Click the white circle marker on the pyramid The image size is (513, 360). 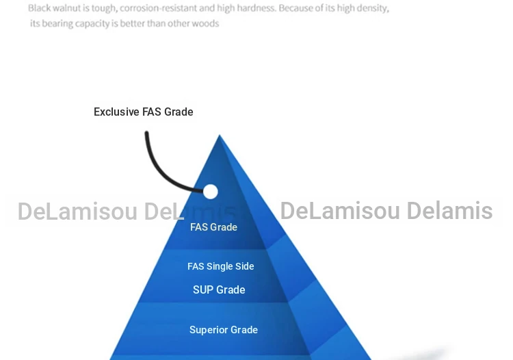click(211, 192)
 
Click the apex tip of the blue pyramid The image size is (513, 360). click(220, 135)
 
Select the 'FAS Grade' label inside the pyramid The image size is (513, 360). click(213, 227)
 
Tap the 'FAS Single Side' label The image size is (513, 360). click(220, 266)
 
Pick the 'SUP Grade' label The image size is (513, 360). click(219, 290)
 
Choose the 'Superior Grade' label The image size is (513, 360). click(224, 330)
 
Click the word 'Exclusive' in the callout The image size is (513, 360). click(116, 112)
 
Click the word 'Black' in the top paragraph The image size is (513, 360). click(39, 8)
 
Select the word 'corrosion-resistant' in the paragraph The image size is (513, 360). click(159, 8)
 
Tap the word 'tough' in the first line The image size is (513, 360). click(104, 8)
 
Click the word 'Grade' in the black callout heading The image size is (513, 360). click(179, 112)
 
